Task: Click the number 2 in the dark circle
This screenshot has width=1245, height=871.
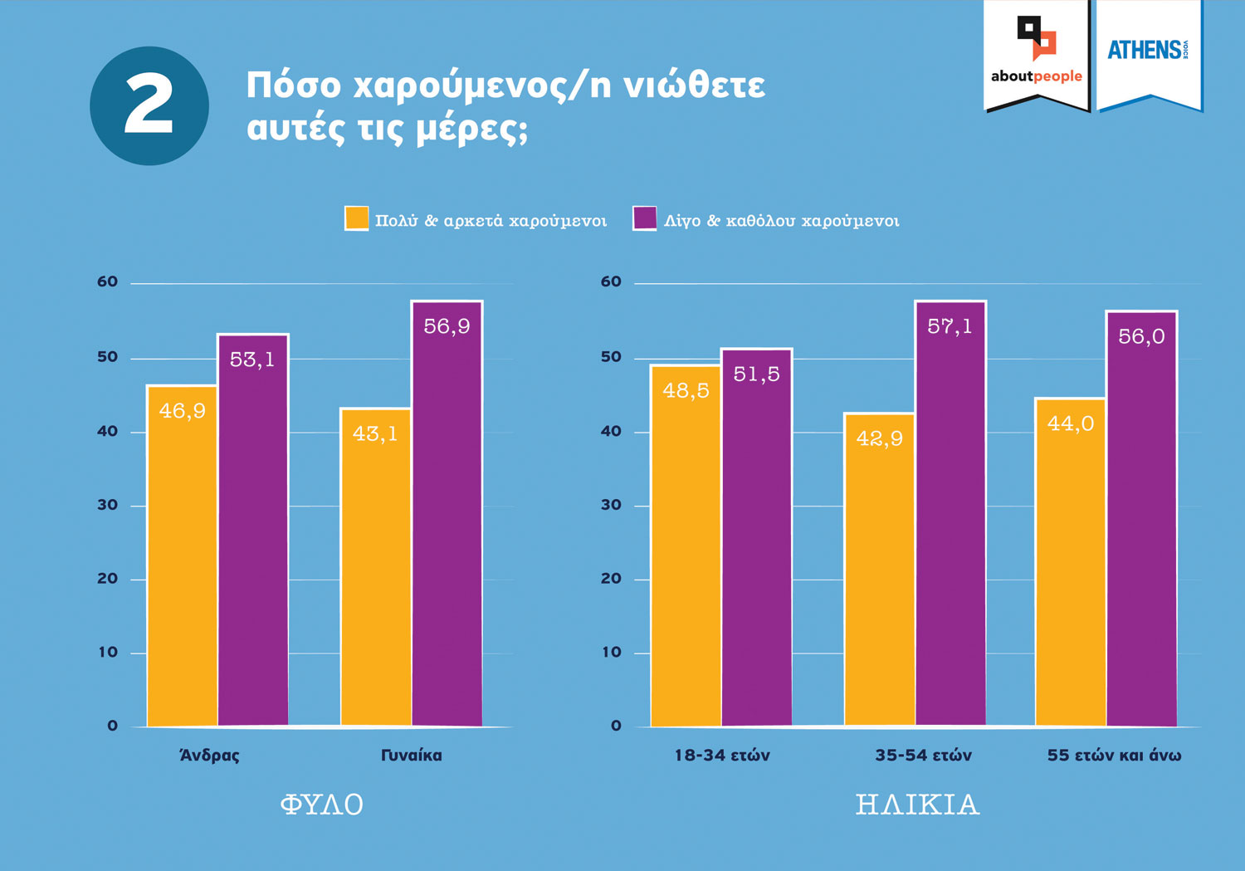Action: pos(149,105)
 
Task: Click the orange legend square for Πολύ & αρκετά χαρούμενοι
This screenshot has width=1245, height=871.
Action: pos(356,218)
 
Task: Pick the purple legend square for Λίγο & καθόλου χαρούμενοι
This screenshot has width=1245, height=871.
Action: pos(644,218)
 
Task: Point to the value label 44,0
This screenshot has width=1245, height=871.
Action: pos(1070,423)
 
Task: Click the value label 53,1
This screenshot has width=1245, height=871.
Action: pos(252,360)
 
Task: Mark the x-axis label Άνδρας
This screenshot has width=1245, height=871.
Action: pos(209,756)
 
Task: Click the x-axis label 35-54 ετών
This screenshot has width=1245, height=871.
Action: pos(923,756)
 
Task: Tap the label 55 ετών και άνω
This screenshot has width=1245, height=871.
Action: pos(1114,756)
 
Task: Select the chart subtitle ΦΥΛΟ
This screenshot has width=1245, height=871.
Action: pos(322,805)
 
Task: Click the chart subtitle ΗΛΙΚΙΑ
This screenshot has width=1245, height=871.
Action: pos(917,805)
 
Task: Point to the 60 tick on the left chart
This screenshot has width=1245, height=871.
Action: pos(108,282)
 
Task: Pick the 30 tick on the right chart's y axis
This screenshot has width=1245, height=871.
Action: pos(611,505)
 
